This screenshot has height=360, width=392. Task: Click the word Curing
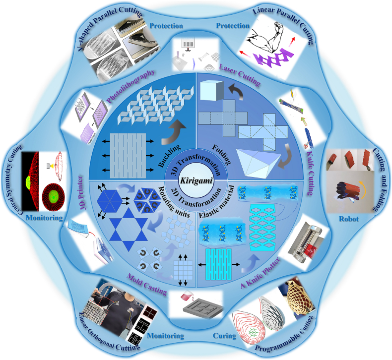point(224,336)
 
